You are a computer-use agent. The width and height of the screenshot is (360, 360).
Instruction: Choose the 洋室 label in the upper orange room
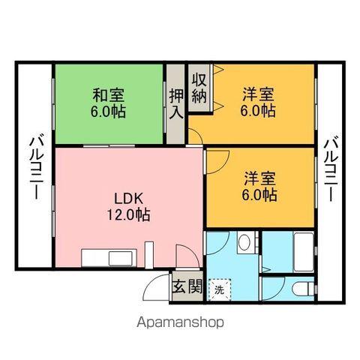(x=259, y=95)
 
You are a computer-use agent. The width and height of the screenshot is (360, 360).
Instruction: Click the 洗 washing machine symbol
(x=220, y=288)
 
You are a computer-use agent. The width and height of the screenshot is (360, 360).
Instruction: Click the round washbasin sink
(x=244, y=244)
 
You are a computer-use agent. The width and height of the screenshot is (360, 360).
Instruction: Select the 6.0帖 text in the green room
(x=109, y=112)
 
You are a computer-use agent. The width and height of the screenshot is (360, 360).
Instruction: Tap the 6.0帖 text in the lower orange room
(x=259, y=195)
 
